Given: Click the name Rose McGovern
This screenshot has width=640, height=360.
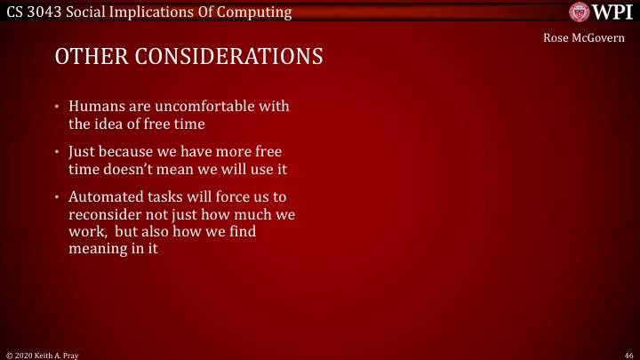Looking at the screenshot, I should coord(584,37).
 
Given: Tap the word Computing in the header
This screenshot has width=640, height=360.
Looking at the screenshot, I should coord(253,12).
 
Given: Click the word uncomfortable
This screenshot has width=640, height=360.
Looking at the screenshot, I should coord(183,107).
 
